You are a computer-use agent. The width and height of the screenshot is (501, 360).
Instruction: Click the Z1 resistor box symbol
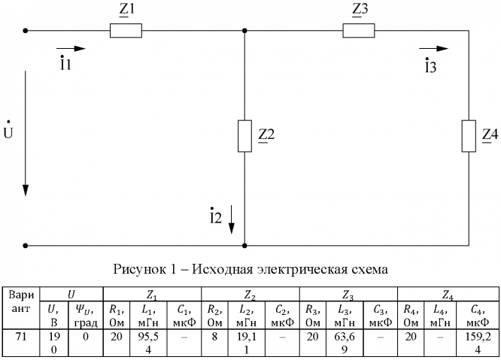126,31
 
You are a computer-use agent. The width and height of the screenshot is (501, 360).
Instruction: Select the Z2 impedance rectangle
244,135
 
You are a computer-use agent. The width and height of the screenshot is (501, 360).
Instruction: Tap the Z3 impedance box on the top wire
358,31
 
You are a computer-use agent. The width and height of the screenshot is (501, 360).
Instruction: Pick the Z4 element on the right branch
467,135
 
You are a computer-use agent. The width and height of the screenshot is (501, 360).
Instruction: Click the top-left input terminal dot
26,31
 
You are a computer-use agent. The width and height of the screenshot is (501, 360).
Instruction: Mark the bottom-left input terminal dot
26,245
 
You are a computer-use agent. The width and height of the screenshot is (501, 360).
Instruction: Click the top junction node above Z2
244,31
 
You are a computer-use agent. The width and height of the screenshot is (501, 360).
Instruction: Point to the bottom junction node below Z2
244,245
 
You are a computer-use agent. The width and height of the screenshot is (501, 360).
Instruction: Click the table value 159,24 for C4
481,343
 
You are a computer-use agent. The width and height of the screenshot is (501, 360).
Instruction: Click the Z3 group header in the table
348,292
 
